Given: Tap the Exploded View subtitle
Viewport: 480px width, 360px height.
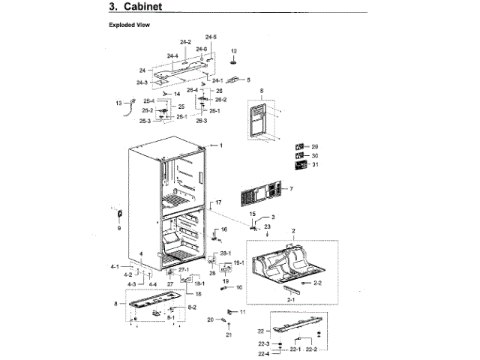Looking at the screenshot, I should click(130, 25).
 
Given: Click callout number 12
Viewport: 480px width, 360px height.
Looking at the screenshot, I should click(233, 51).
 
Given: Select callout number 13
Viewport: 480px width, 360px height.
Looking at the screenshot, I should click(118, 103).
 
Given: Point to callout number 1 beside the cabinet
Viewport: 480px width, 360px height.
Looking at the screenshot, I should click(221, 144).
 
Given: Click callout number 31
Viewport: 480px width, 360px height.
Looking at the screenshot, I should click(315, 165).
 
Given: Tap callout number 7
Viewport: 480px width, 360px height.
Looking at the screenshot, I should click(291, 188).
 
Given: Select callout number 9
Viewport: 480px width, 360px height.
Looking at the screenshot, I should click(118, 228).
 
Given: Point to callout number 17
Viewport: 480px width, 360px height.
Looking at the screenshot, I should click(219, 203).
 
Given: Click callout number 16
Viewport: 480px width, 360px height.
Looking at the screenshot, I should click(223, 229).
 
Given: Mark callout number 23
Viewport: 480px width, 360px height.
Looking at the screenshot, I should click(266, 226).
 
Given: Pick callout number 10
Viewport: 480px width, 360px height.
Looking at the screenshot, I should click(240, 287).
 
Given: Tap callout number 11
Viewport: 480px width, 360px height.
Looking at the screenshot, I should click(242, 311).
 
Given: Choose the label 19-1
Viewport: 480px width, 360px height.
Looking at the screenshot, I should click(239, 262).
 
